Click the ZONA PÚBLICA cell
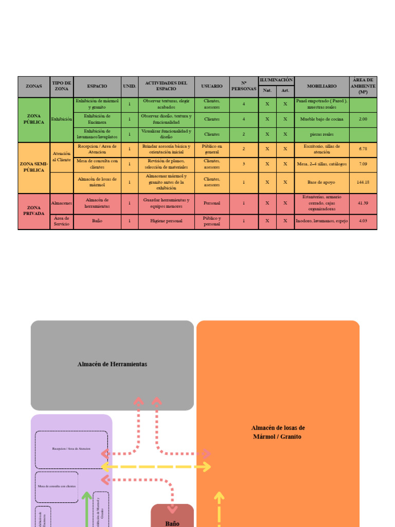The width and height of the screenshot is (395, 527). click(34, 119)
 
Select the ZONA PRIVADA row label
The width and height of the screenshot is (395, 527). click(34, 210)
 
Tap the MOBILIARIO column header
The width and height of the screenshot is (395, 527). click(322, 86)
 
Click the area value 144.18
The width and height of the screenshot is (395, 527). click(363, 182)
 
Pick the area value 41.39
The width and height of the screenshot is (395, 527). click(363, 203)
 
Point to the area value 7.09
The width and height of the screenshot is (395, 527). click(363, 164)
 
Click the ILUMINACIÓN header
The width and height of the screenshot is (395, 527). click(276, 80)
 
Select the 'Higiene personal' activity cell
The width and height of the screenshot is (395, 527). click(166, 221)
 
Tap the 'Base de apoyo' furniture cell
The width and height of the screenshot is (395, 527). click(322, 182)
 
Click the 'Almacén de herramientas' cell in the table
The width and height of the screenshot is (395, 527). click(97, 203)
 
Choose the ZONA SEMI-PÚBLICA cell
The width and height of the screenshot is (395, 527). click(34, 167)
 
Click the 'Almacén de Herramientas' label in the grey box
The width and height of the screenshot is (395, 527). click(112, 364)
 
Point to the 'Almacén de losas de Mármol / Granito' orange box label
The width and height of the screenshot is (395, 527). click(278, 432)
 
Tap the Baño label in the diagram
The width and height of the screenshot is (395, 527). click(172, 523)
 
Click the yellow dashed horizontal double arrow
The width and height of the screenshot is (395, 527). click(156, 467)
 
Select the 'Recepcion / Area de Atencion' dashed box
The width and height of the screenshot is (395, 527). click(71, 449)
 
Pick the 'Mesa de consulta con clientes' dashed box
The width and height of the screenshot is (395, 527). click(57, 486)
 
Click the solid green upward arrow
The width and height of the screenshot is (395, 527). click(87, 510)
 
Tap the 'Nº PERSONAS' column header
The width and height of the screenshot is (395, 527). click(244, 86)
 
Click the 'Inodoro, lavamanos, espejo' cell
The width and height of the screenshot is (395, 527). click(322, 221)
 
